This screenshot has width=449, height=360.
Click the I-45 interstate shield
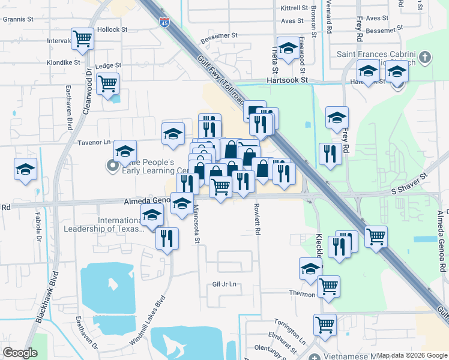pos(164,23)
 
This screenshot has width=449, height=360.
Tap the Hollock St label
pos(113,29)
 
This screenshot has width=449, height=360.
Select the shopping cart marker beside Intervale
pos(83,39)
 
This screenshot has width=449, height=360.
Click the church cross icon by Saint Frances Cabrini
pos(425,58)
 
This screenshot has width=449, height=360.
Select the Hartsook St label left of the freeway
pos(288,80)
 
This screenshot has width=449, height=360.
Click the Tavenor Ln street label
pos(95,142)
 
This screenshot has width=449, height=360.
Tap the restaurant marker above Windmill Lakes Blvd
pos(167,239)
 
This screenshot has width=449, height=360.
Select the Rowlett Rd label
pos(257,220)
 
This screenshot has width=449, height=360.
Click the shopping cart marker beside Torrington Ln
pos(325,325)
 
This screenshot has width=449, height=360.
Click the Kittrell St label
pos(294,8)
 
